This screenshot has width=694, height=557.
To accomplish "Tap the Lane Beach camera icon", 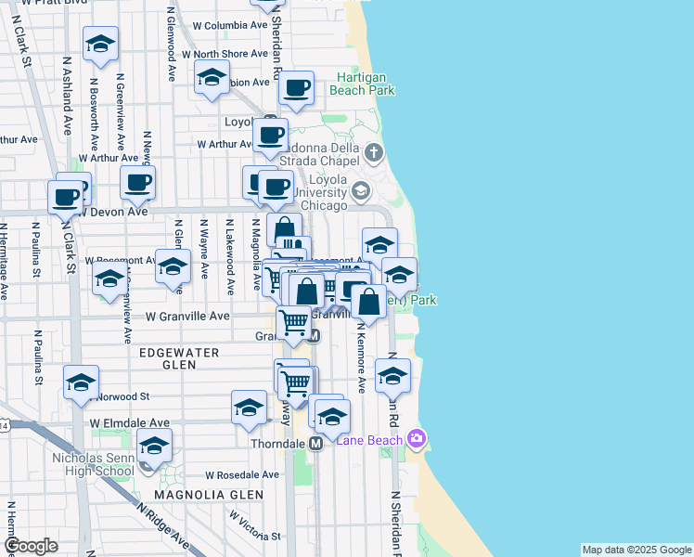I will pyautogui.click(x=418, y=437).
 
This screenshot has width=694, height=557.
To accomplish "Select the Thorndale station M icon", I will pyautogui.click(x=315, y=444).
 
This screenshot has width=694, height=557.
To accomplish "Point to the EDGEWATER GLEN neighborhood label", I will pyautogui.click(x=178, y=359).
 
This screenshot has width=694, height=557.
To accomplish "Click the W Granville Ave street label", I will pyautogui.click(x=187, y=316).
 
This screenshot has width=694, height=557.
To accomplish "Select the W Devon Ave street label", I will pyautogui.click(x=112, y=212).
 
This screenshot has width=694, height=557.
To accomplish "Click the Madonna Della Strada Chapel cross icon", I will pyautogui.click(x=373, y=151).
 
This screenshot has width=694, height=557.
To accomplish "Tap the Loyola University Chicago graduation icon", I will pyautogui.click(x=361, y=191).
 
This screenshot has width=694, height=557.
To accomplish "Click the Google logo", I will pyautogui.click(x=31, y=546).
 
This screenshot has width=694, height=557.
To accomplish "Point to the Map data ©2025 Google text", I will pyautogui.click(x=636, y=550).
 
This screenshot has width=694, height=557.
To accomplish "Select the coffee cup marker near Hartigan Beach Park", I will pyautogui.click(x=296, y=88).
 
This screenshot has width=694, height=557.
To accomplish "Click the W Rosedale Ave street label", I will pyautogui.click(x=242, y=474).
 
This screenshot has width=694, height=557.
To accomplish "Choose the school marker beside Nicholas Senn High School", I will pyautogui.click(x=154, y=446).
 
